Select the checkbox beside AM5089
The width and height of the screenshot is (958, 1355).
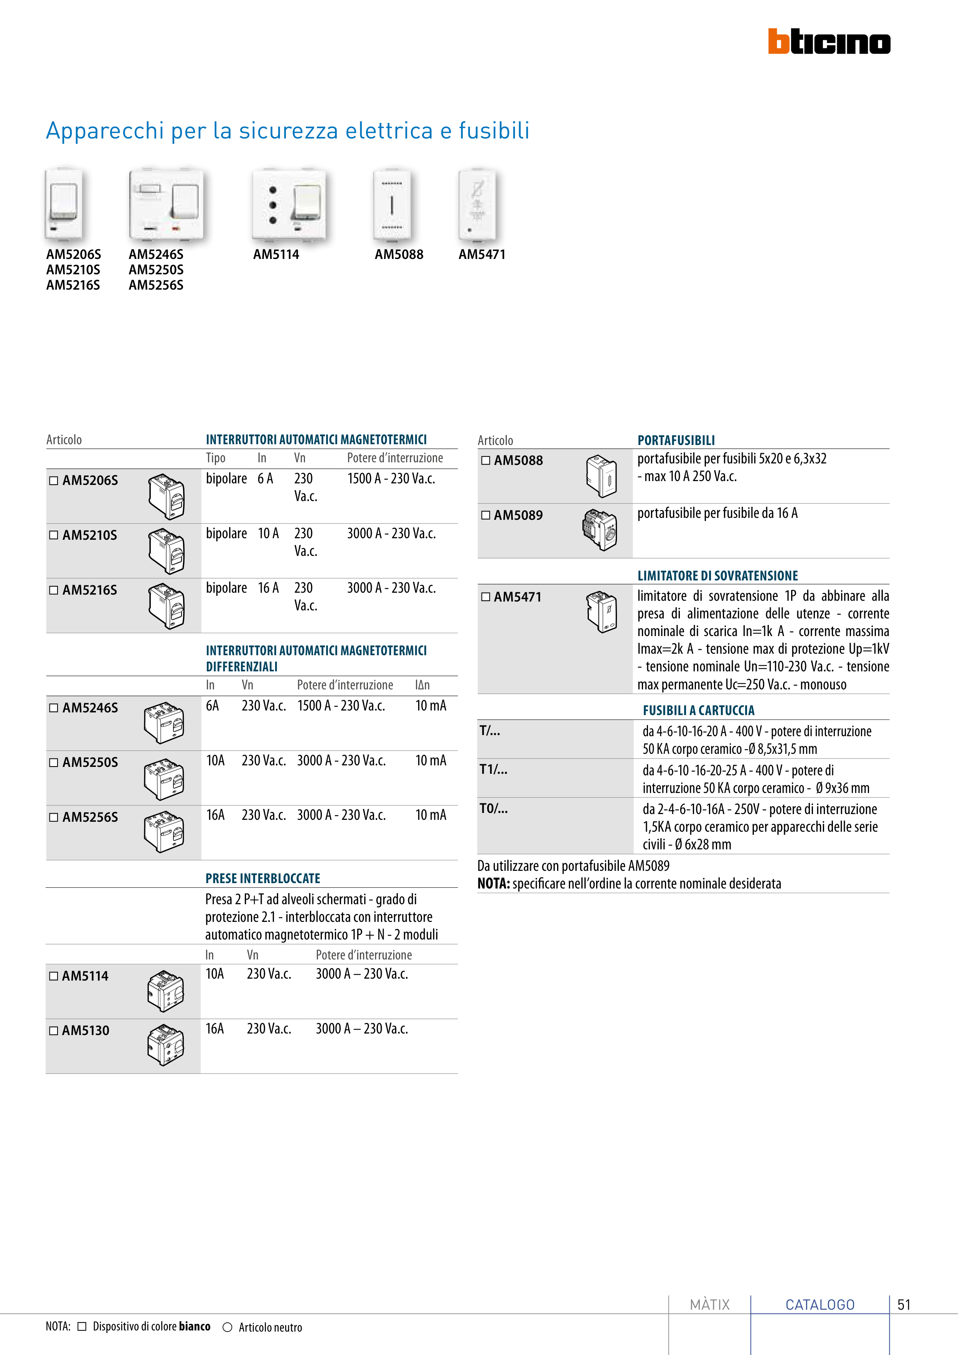[x=486, y=515]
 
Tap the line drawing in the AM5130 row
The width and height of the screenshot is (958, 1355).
[x=166, y=1045]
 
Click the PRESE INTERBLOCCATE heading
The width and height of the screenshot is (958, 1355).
[x=263, y=878]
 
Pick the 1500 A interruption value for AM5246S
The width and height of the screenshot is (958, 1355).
[x=341, y=706]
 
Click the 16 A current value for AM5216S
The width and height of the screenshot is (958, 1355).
[x=268, y=588]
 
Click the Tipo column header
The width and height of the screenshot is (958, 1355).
[x=216, y=458]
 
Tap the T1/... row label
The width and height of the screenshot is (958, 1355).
[x=493, y=770]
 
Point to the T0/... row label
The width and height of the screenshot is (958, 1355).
[x=493, y=809]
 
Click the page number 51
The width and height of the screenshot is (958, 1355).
[x=904, y=1304]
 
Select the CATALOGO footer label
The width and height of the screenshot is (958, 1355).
[x=820, y=1305]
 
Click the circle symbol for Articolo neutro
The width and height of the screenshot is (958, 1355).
[x=227, y=1327]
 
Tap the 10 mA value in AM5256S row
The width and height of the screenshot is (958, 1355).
[x=431, y=815]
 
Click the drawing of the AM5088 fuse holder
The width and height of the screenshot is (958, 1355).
[x=602, y=476]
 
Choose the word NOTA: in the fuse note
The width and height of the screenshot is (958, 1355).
[x=493, y=884]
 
